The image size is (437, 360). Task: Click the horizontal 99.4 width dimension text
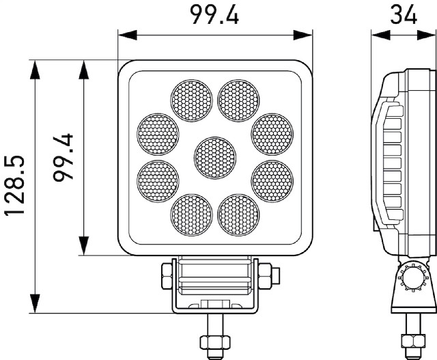pos(214,14)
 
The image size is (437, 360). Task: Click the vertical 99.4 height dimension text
pos(63,158)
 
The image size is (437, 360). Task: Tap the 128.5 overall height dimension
pos(14,185)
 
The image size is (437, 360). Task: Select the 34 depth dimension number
pos(404,14)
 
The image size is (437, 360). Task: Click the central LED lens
pos(215,158)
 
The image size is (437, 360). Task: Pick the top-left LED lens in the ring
pos(191,100)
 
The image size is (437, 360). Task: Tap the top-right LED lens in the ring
pos(238,100)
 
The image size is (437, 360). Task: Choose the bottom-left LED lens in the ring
pos(191,215)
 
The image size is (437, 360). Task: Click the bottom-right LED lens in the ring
pos(238,215)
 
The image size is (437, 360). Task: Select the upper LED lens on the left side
pos(158,134)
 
